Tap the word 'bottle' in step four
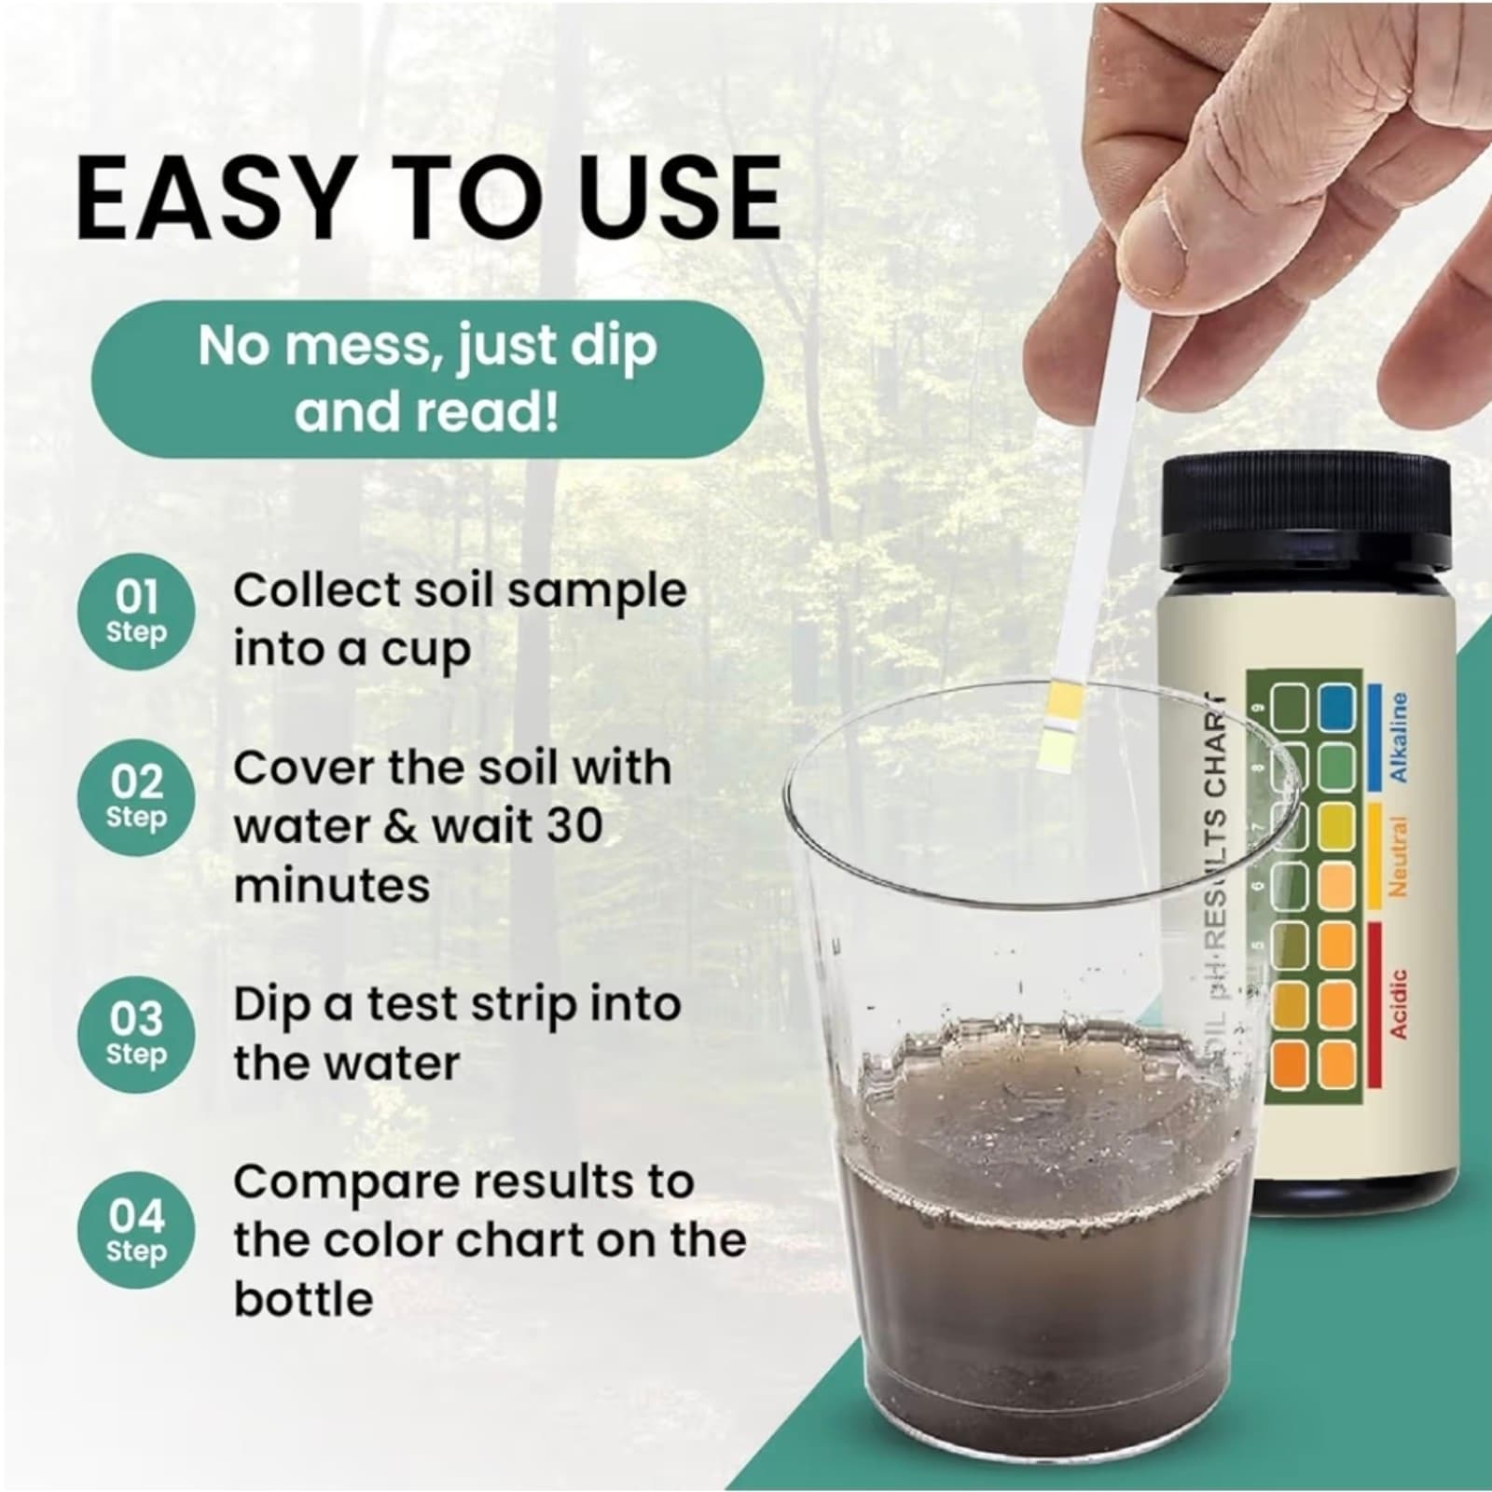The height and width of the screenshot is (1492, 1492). coord(303,1298)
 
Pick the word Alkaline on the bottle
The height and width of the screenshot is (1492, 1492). coord(1399,737)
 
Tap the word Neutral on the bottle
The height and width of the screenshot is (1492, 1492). coord(1399,856)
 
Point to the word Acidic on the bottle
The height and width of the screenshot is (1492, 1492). coord(1399,1002)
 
